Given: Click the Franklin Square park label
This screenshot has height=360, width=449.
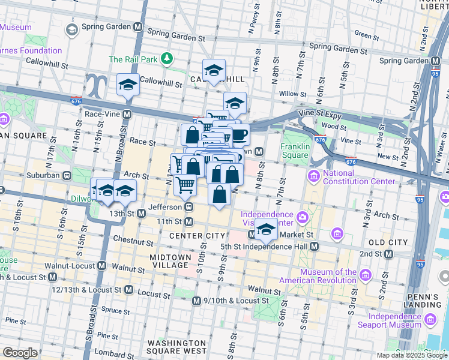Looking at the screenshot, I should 295,151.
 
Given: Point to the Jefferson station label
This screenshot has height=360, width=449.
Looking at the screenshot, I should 165,206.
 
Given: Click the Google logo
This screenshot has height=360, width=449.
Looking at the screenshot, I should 20,353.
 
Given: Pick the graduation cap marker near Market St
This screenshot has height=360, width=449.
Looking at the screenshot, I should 265,229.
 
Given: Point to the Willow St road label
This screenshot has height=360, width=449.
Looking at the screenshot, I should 293,94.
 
